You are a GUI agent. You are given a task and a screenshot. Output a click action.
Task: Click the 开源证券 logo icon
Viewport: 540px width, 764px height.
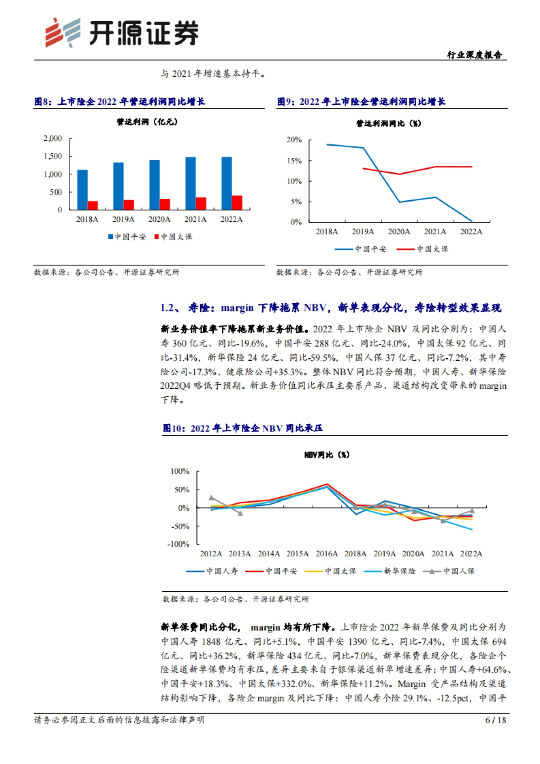tap(63, 33)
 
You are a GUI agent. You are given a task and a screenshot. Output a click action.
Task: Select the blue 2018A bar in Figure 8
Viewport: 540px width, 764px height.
tap(82, 189)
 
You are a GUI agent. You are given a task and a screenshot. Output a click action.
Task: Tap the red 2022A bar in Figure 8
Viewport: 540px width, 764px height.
tap(237, 202)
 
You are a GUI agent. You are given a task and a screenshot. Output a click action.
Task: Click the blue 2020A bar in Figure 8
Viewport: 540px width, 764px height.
tap(155, 184)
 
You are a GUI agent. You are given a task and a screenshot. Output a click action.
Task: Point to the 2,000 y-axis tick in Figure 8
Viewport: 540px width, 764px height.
tap(53, 139)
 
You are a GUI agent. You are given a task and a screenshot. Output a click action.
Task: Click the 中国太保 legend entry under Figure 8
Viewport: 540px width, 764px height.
tap(173, 237)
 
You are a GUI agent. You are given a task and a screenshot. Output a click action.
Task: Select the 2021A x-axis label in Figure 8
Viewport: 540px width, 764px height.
tap(195, 220)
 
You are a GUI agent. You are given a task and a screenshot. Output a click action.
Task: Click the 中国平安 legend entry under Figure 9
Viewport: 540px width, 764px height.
tap(361, 249)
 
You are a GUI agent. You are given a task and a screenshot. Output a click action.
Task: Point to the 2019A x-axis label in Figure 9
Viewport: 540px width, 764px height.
tap(363, 232)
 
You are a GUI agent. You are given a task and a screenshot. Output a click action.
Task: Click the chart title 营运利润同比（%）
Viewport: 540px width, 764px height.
tap(388, 123)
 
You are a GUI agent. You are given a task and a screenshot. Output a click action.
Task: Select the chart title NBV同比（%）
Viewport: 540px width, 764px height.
tap(327, 455)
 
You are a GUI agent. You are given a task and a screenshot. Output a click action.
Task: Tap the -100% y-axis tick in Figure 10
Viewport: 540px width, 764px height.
tap(179, 544)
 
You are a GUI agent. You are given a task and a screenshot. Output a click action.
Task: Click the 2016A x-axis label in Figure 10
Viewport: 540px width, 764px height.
tap(326, 554)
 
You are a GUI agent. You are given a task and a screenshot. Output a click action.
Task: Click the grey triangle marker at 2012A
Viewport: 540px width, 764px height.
tap(211, 498)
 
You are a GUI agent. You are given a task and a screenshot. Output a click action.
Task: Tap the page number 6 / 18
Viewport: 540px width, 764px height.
tap(495, 720)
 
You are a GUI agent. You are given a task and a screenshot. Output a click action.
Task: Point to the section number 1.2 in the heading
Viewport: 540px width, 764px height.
tap(168, 308)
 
